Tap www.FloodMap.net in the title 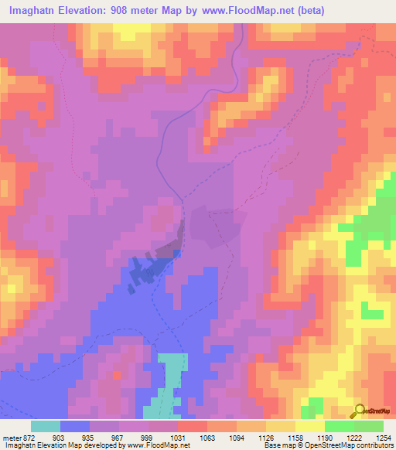(254, 9)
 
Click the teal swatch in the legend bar (46, 426)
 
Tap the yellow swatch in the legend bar (310, 426)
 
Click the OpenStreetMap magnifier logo (358, 410)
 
